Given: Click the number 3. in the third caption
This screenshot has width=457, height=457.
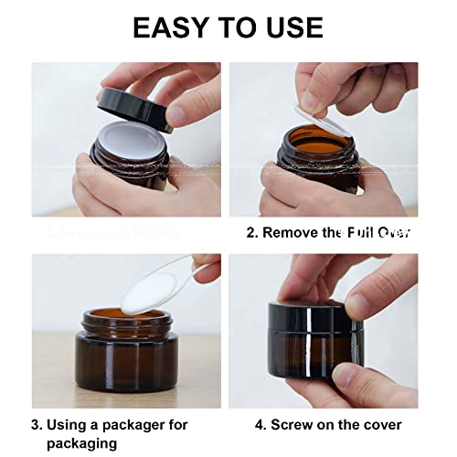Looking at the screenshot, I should [x=37, y=424].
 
